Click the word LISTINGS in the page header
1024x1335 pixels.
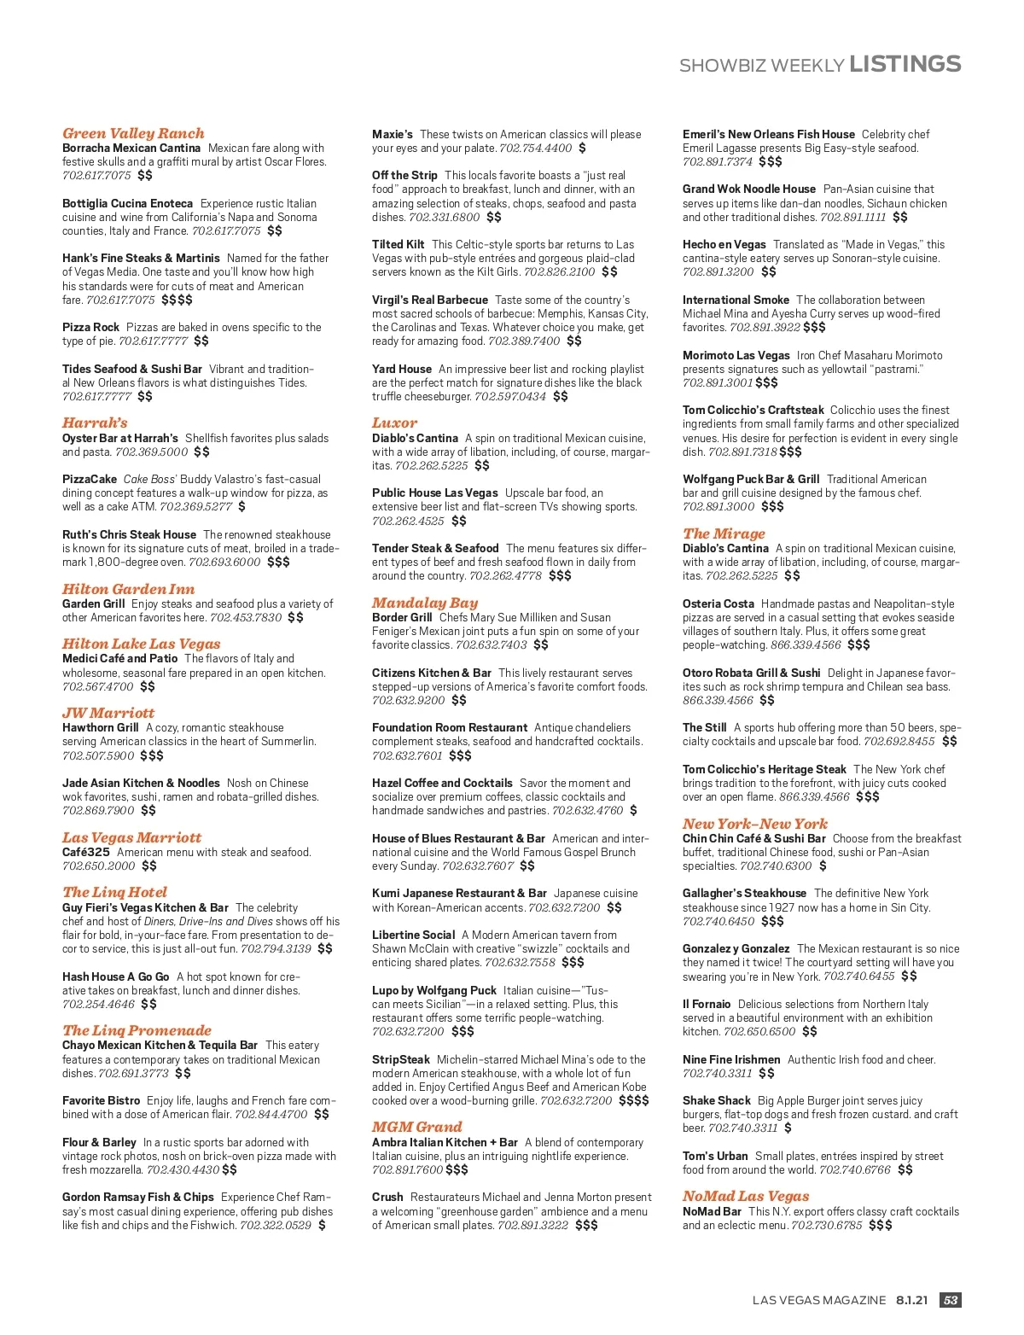pos(905,64)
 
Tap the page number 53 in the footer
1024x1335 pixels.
pos(950,1300)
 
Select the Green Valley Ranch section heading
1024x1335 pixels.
pos(133,133)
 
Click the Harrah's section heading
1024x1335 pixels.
pos(95,423)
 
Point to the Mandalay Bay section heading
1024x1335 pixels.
pos(424,603)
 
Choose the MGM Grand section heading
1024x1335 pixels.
pos(416,1128)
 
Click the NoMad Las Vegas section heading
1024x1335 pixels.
pos(745,1197)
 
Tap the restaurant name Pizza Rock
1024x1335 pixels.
pos(90,327)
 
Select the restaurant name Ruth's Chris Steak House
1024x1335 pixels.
pos(129,534)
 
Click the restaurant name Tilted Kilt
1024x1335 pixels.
pos(398,244)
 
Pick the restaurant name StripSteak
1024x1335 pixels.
pos(400,1059)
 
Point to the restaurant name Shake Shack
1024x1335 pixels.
pos(716,1100)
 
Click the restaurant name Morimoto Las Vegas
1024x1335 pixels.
pos(736,355)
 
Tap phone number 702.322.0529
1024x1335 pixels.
pos(276,1225)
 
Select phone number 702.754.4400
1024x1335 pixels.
pos(535,149)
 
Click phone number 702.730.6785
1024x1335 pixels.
pos(826,1225)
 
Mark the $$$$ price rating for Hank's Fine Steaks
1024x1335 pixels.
pos(177,300)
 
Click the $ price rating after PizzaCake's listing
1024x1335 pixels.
pos(241,507)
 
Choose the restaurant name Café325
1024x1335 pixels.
pos(85,852)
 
